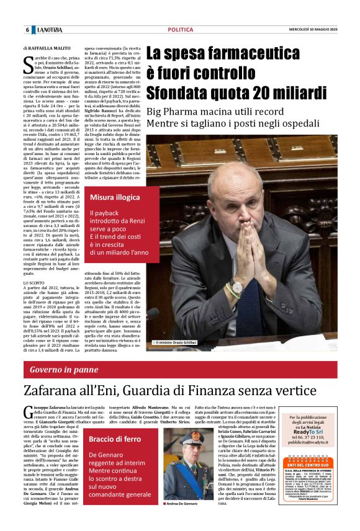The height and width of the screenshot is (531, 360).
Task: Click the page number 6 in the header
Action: coord(27,30)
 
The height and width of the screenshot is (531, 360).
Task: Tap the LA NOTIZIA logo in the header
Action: coord(48,30)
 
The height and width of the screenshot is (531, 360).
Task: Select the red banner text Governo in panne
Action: coord(64,370)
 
